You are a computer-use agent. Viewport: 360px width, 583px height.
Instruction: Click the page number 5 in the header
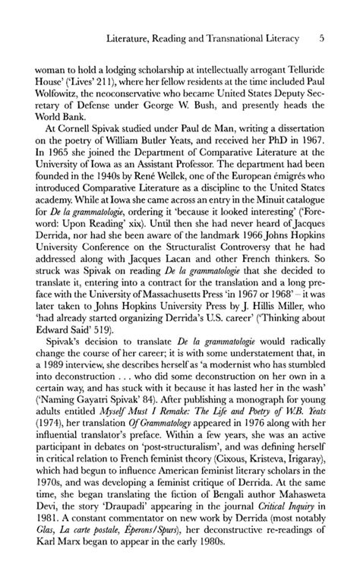coord(322,36)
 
